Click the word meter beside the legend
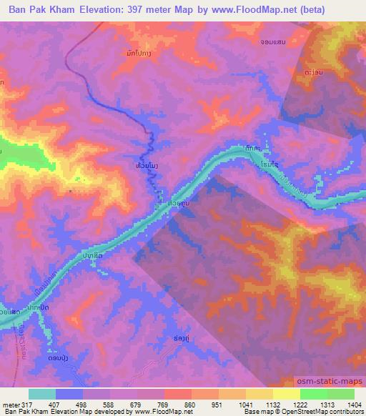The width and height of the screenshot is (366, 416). pyautogui.click(x=10, y=405)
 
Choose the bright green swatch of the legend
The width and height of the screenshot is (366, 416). pyautogui.click(x=313, y=394)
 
